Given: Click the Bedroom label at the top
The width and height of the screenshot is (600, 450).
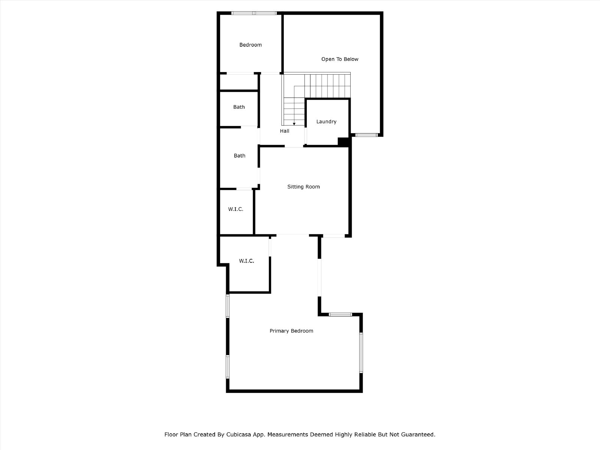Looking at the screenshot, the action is (250, 45).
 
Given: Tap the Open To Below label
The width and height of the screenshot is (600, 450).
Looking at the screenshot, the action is (339, 59).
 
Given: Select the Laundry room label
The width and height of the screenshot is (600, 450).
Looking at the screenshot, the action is (326, 121).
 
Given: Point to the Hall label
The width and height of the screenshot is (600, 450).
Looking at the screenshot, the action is (284, 131).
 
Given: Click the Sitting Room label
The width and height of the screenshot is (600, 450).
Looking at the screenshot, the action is (303, 187).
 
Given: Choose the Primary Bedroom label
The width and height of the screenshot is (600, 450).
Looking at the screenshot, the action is (291, 331).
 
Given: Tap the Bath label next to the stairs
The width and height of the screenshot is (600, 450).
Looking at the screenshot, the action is (238, 107).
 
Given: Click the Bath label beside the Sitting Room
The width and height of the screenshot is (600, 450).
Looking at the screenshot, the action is (240, 156).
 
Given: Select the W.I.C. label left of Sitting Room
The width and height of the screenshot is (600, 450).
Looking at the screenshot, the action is (235, 209).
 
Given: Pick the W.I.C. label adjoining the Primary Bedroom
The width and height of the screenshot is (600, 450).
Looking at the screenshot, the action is (246, 261).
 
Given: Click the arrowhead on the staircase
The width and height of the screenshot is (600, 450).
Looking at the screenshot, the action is (294, 124).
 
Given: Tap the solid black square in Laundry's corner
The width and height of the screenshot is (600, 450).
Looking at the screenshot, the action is (343, 141).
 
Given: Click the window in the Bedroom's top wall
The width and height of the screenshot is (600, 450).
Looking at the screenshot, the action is (254, 13).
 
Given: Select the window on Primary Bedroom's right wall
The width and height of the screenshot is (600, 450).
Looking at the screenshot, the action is (361, 353).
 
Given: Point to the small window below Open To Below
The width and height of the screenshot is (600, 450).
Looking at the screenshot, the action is (366, 135).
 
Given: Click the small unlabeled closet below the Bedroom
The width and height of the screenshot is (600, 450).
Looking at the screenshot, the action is (239, 82).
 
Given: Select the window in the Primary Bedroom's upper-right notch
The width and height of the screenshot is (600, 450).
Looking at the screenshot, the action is (340, 315).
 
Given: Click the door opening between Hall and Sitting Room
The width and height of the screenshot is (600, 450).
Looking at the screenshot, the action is (294, 147).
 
